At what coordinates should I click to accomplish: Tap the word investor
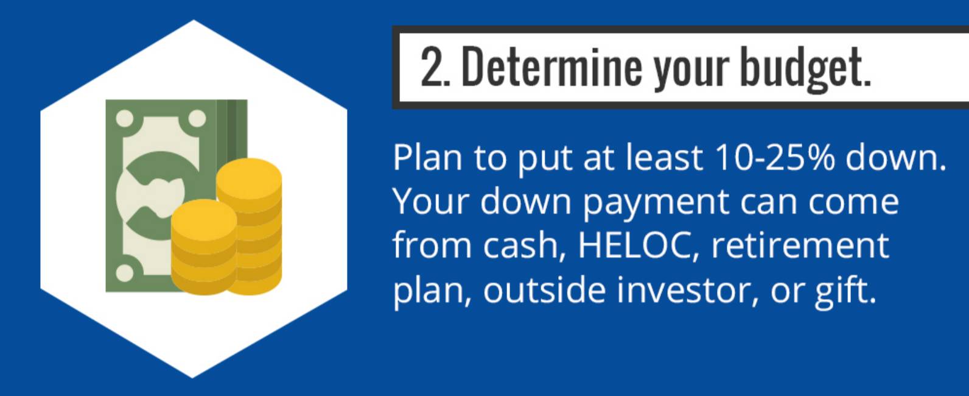coord(687,291)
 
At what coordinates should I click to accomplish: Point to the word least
coord(664,157)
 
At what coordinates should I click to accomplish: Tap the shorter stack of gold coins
coord(204,247)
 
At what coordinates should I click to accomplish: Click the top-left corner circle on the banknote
coord(125,118)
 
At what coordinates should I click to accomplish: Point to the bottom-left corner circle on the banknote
coord(125,273)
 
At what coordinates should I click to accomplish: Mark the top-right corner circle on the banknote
coord(197,118)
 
